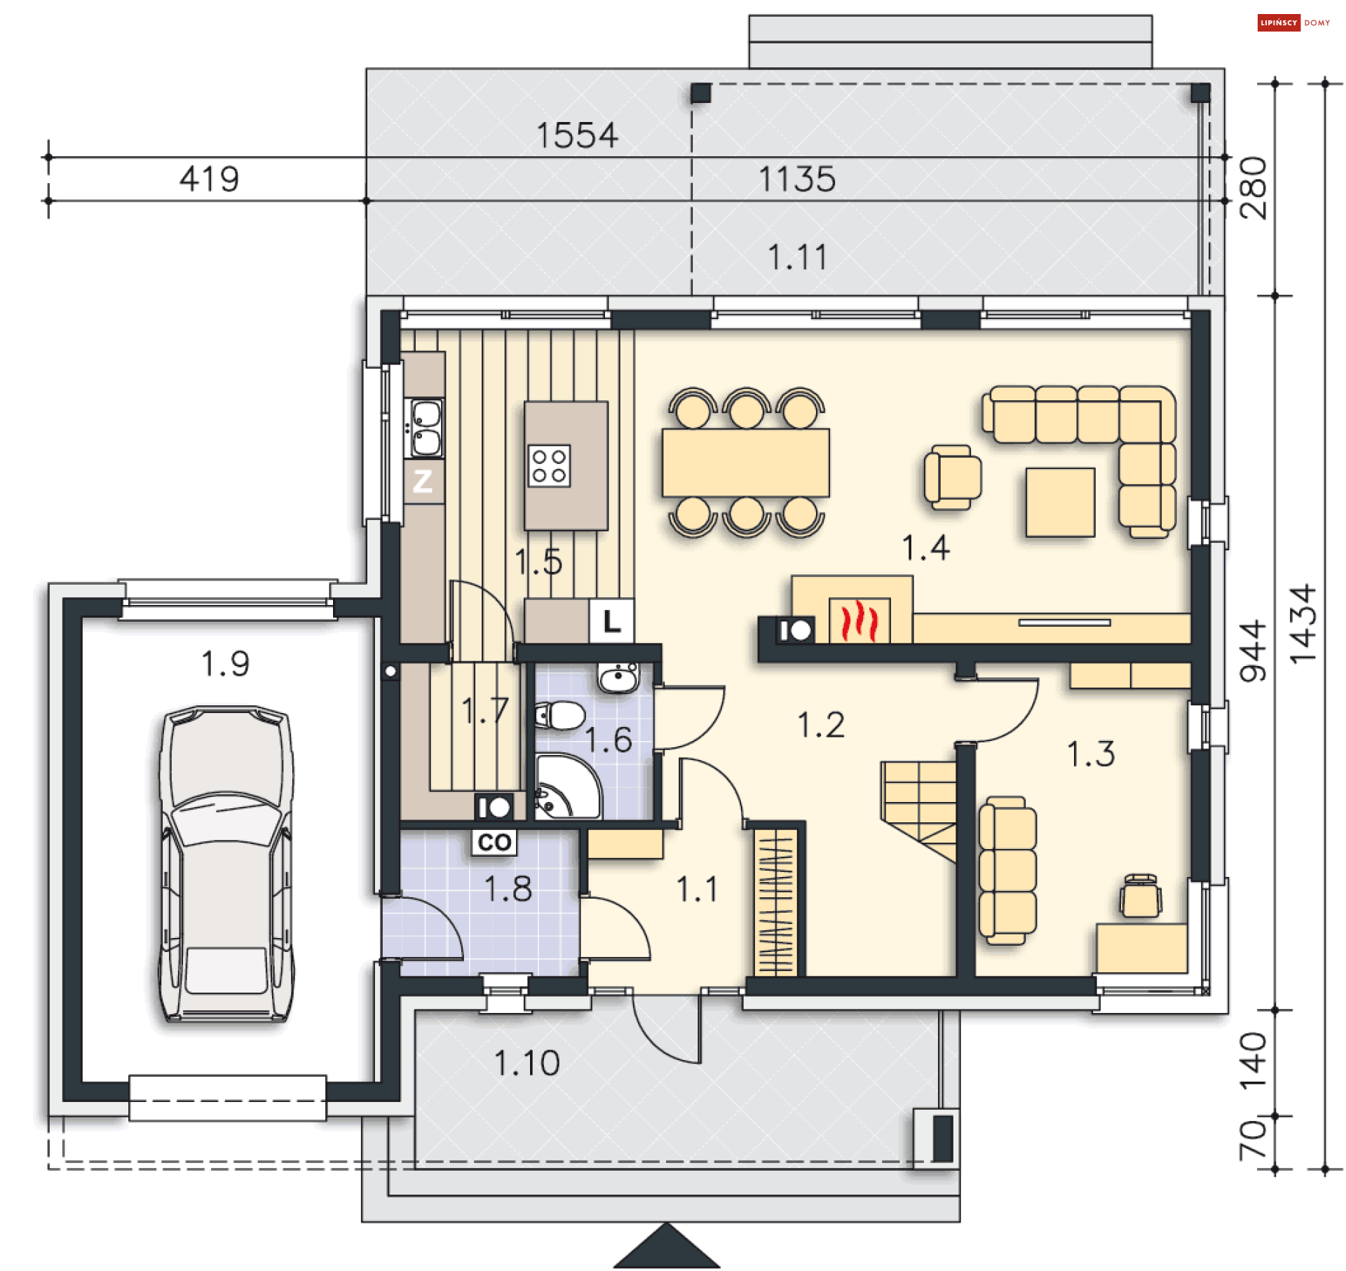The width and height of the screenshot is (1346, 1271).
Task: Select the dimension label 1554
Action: point(577,136)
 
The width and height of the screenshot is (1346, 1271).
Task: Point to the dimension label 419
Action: point(209,179)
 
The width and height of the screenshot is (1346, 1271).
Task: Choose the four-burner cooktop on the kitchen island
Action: point(549,465)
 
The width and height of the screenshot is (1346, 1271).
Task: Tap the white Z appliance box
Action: point(423,481)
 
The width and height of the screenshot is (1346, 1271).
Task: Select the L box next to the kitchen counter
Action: point(611,620)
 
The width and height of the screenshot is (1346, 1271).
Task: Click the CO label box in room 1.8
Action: point(494,842)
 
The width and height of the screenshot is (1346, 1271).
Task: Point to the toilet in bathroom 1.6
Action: point(561,716)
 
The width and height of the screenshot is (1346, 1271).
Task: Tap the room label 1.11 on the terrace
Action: point(797,257)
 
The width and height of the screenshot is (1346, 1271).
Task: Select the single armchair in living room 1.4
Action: point(951,477)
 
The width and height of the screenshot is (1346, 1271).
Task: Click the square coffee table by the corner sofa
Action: point(1059,502)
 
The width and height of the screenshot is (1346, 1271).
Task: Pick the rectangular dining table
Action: point(745,463)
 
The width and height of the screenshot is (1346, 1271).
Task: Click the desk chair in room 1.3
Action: point(1140,896)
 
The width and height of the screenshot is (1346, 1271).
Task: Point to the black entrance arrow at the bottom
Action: point(666,1248)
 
